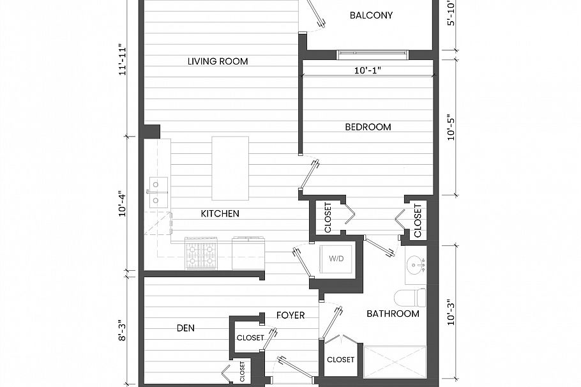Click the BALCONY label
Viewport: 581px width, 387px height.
371,15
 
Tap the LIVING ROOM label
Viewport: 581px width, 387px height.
218,61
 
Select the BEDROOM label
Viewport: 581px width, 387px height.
368,127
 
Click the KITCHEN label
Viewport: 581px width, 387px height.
220,213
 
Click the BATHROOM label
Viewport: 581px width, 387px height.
393,314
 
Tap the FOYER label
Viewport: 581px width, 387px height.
290,315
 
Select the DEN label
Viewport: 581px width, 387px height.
185,328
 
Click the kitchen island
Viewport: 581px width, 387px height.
230,168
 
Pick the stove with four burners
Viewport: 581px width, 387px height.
200,254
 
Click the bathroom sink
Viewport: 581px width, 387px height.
416,264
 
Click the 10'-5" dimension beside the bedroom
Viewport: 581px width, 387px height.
451,126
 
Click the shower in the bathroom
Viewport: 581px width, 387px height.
395,362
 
